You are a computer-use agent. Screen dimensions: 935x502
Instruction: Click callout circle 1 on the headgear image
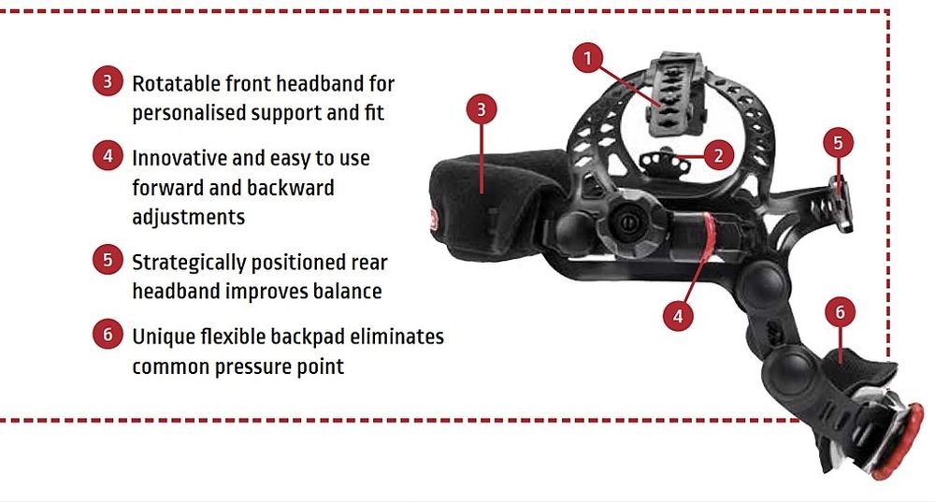point(588,58)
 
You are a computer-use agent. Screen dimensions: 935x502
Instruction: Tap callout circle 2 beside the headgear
point(718,155)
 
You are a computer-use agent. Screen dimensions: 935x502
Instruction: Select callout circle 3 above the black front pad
point(482,109)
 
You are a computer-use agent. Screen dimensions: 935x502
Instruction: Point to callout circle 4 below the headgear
point(678,315)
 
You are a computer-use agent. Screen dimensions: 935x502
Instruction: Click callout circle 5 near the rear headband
point(839,143)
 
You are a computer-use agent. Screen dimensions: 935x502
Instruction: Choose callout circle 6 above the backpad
point(841,312)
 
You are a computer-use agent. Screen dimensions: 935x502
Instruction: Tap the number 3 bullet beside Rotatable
point(108,81)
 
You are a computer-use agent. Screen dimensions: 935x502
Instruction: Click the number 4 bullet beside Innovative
point(108,155)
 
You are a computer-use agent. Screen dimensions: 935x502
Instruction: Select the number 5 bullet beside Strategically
point(108,260)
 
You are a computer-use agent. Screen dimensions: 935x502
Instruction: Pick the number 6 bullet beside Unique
point(108,334)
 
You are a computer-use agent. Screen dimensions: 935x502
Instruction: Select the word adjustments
point(189,218)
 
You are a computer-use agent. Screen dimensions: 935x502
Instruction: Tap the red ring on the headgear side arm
point(707,237)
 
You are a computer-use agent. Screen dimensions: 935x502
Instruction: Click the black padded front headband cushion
point(499,204)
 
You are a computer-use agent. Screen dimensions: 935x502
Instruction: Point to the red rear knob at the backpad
point(898,441)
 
